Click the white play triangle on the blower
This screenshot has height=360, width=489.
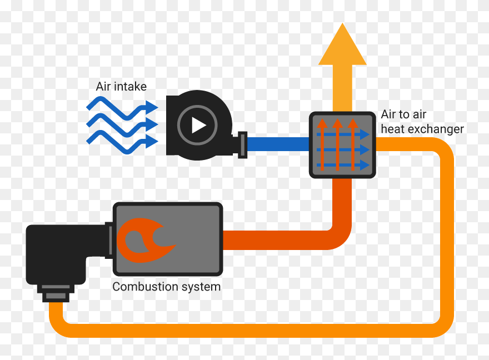point(198,125)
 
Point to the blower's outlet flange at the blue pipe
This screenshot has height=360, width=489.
point(242,145)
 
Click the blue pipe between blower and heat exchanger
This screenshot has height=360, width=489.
point(278,145)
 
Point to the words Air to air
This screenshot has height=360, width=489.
point(403,115)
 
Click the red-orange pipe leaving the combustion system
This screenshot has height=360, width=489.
point(278,239)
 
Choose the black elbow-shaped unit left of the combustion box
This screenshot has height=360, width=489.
point(56,253)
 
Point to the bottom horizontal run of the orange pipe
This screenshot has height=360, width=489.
point(250,328)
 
